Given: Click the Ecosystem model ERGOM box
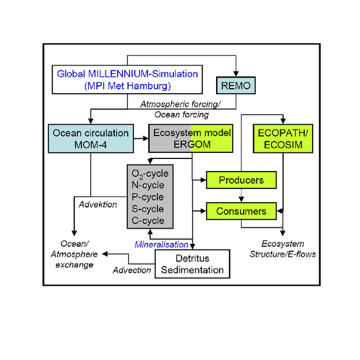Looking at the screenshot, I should pyautogui.click(x=190, y=139).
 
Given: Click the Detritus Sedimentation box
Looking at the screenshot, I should pyautogui.click(x=193, y=264).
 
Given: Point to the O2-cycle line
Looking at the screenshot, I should pyautogui.click(x=150, y=174).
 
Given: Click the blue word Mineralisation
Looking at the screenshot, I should pyautogui.click(x=161, y=244).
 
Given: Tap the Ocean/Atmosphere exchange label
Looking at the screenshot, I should pyautogui.click(x=76, y=254).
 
